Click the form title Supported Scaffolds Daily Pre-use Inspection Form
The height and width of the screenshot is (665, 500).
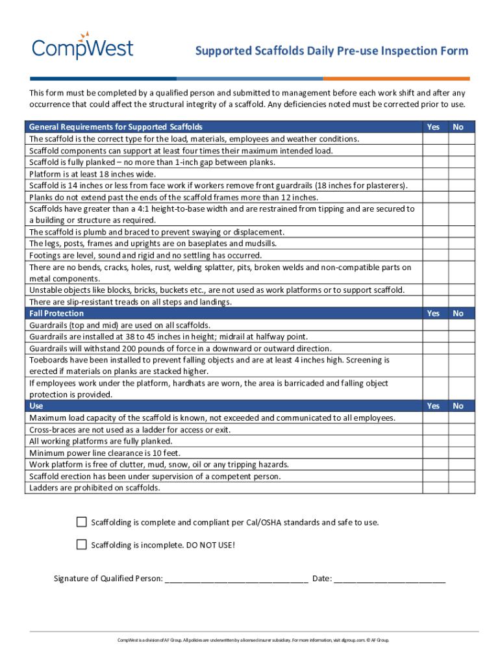332,51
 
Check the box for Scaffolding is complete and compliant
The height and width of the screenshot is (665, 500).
81,522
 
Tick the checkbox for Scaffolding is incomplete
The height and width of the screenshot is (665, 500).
81,544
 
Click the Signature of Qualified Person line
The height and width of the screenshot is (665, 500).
236,579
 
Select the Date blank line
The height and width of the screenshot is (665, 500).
390,579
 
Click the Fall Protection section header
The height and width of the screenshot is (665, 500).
56,314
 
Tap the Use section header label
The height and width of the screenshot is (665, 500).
36,406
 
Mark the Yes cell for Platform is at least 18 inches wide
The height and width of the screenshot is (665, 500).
433,174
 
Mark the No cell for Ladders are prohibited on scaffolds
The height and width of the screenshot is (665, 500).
458,488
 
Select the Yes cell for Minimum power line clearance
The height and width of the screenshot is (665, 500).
433,453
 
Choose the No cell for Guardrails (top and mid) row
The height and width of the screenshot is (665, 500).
458,325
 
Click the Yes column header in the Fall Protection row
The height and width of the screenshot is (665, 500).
433,314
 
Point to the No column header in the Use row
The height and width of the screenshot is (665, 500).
458,406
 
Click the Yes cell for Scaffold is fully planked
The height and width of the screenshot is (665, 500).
433,162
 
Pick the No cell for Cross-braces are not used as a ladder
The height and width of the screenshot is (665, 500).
458,430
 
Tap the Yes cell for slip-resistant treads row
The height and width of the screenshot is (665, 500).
433,302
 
